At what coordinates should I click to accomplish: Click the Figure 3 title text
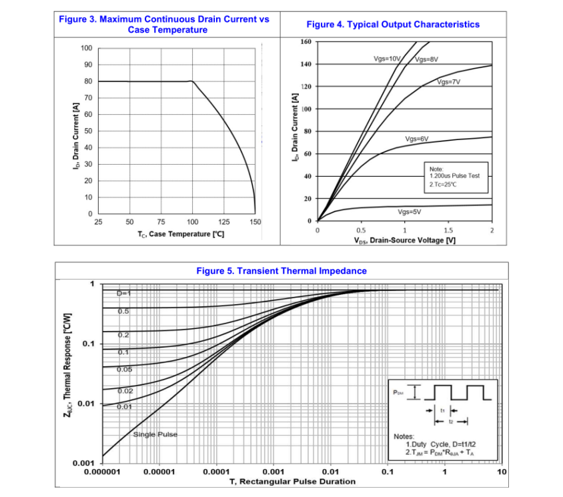click(x=164, y=24)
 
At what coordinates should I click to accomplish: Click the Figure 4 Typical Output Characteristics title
click(x=392, y=24)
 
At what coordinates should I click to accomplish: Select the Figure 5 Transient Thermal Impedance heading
click(x=281, y=271)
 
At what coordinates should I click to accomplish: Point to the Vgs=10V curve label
click(x=387, y=59)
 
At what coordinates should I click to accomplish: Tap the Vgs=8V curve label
click(x=426, y=59)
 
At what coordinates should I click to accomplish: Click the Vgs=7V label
click(x=449, y=82)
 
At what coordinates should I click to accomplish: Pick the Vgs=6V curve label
click(x=416, y=139)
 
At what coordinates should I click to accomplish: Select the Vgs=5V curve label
click(x=409, y=211)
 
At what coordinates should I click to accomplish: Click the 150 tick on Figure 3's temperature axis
click(x=255, y=222)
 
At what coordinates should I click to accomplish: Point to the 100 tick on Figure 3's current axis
click(x=86, y=48)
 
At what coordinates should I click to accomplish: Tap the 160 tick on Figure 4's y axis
click(x=306, y=42)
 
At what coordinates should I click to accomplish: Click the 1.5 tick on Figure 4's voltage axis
click(x=448, y=230)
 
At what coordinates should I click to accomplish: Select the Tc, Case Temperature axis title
click(x=176, y=234)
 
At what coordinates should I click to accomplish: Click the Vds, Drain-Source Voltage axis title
click(x=405, y=240)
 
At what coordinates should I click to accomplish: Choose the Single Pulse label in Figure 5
click(x=155, y=434)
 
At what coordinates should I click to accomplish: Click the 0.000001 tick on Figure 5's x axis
click(x=103, y=472)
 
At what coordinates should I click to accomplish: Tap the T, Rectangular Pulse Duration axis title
click(x=292, y=482)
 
